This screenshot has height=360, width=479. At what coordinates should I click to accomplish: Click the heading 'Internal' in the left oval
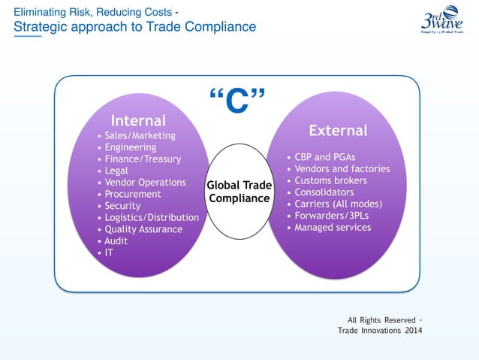click(x=138, y=120)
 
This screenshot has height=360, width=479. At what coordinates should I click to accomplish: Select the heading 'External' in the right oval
click(x=338, y=131)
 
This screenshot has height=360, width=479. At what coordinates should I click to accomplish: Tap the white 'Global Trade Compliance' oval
click(x=238, y=192)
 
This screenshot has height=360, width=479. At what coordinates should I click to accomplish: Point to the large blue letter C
click(x=238, y=103)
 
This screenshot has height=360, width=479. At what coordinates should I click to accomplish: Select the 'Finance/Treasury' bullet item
click(x=143, y=159)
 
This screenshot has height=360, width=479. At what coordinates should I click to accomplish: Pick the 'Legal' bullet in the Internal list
click(x=116, y=171)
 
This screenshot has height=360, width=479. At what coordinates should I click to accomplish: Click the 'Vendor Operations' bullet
click(x=145, y=183)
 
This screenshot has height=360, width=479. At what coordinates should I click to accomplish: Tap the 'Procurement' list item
click(x=133, y=194)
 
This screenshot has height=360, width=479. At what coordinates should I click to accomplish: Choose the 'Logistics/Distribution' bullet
click(x=152, y=217)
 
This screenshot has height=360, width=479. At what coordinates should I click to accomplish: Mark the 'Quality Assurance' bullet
click(x=143, y=229)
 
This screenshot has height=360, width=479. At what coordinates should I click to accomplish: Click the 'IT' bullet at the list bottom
click(x=110, y=253)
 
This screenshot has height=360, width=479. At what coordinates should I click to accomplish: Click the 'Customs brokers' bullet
click(x=330, y=181)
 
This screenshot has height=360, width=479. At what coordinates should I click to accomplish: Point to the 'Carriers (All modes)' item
click(x=339, y=204)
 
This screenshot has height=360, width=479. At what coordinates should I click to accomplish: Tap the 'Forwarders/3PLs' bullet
click(x=333, y=216)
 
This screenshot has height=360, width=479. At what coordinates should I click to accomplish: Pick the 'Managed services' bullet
click(x=333, y=227)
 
